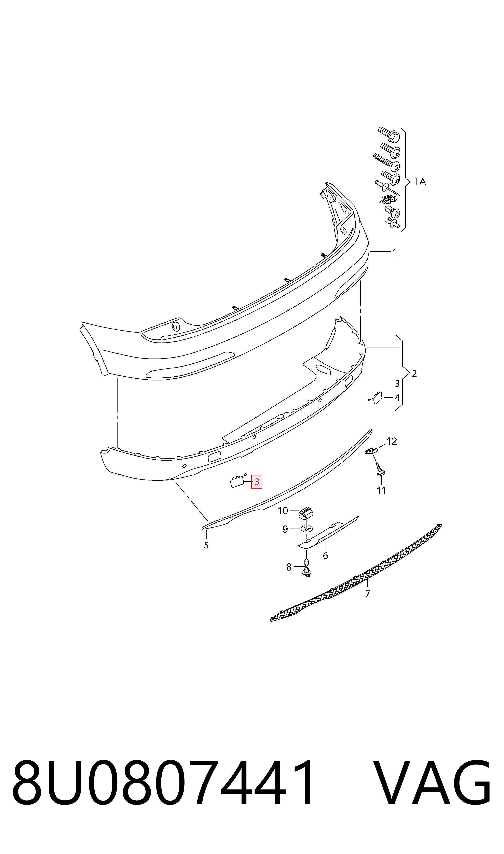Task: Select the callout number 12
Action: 392,441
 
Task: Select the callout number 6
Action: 325,556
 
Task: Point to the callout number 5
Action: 206,545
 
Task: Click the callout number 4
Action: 397,398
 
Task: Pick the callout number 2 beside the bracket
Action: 414,374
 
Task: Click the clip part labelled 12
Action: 371,451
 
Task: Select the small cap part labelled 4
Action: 377,398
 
